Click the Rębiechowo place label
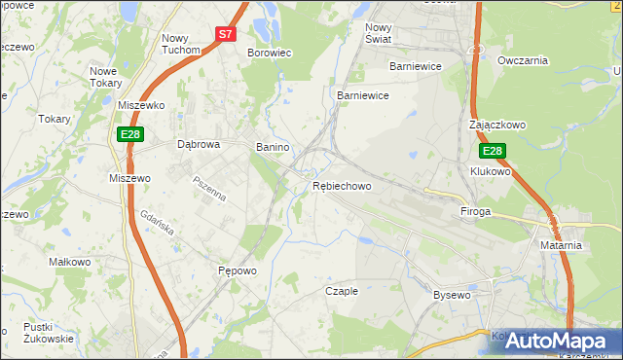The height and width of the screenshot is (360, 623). point(342,186)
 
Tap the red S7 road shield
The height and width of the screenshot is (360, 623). point(225,33)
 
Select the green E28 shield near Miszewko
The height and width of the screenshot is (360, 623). point(130,133)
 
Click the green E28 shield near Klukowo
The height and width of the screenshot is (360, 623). point(492,151)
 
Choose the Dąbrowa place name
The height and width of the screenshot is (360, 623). point(200,144)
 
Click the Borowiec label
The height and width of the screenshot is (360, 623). point(270,53)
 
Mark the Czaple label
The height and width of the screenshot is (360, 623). point(342,290)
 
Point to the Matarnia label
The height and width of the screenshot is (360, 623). point(561,245)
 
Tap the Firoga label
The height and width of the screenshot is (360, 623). point(475,210)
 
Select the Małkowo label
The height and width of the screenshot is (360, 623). point(70,262)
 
